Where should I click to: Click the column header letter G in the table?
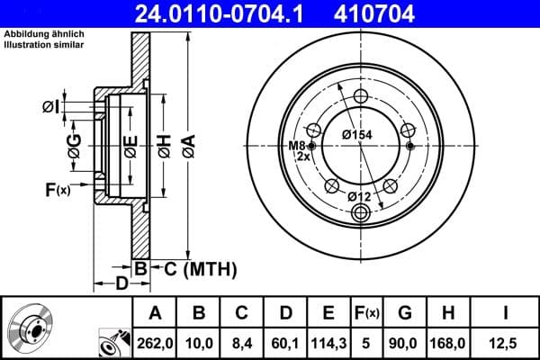(x=405, y=312)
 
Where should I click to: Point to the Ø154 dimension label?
(x=357, y=135)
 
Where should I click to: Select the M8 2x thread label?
(x=297, y=151)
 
